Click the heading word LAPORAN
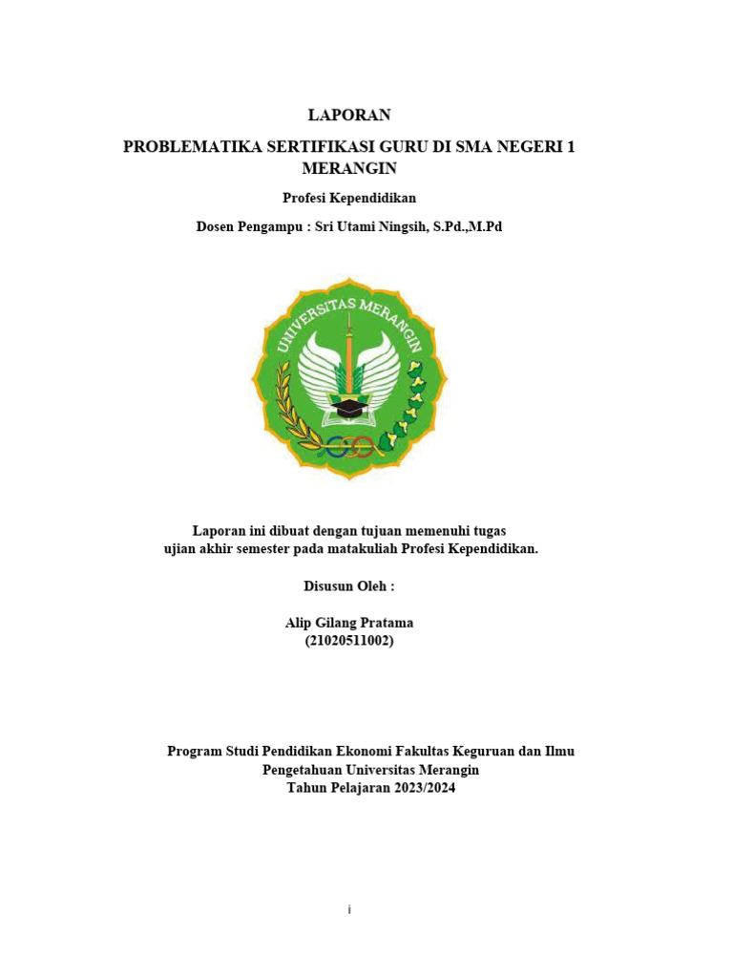[x=349, y=116]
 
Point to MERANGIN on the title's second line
[x=348, y=169]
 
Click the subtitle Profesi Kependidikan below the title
[x=349, y=199]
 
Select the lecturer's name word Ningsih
[x=399, y=227]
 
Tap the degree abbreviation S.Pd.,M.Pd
[x=467, y=227]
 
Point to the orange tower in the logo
[x=349, y=353]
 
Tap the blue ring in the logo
[x=333, y=444]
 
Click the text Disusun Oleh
[x=349, y=586]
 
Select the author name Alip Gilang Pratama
[x=349, y=623]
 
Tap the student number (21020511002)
[x=349, y=641]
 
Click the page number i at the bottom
[x=350, y=910]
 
